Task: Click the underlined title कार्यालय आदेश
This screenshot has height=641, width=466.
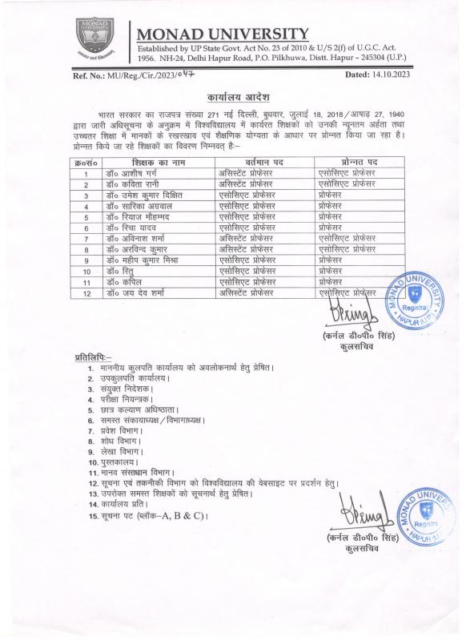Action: (x=232, y=95)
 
